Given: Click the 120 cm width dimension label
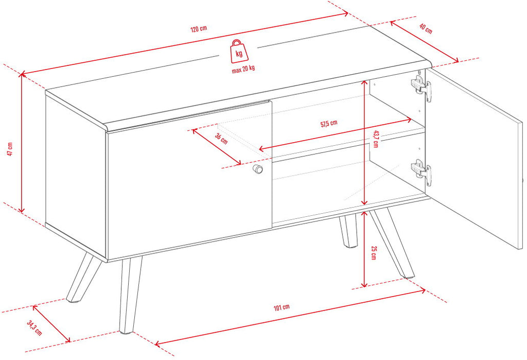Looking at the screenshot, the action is (x=199, y=29).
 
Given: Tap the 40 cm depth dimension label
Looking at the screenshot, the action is (x=426, y=29).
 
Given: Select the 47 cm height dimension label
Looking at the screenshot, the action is (x=10, y=149).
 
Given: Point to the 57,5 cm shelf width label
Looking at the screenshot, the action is (x=329, y=124).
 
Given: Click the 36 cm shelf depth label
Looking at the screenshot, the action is (x=221, y=139).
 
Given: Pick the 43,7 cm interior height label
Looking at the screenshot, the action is (x=375, y=139).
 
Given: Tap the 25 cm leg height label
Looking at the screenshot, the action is (x=374, y=253).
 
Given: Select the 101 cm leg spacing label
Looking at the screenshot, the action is (x=282, y=307).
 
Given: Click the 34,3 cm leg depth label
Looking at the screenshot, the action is (x=34, y=328).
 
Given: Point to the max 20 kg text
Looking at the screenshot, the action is (x=243, y=70).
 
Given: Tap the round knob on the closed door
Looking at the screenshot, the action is (x=258, y=169).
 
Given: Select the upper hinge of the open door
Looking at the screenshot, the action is (x=421, y=88).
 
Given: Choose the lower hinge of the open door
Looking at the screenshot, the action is (x=421, y=172).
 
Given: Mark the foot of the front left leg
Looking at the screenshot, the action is (x=126, y=331).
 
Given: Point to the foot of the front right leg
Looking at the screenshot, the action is (x=408, y=276).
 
